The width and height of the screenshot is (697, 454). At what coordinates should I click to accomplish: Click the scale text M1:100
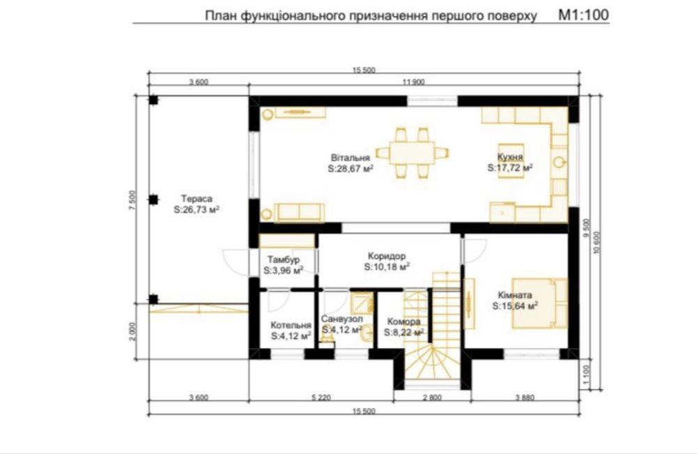pyautogui.click(x=583, y=15)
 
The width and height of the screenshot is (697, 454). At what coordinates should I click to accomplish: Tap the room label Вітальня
pyautogui.click(x=351, y=158)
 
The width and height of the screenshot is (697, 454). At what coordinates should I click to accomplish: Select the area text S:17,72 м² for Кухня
pyautogui.click(x=510, y=168)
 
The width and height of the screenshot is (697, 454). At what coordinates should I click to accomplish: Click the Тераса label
pyautogui.click(x=197, y=199)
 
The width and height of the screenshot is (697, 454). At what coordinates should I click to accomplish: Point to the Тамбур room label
pyautogui.click(x=284, y=259)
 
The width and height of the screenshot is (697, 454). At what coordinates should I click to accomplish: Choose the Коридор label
pyautogui.click(x=387, y=257)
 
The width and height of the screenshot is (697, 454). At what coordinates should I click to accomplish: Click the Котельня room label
pyautogui.click(x=291, y=326)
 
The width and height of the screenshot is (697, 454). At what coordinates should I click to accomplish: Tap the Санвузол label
pyautogui.click(x=342, y=319)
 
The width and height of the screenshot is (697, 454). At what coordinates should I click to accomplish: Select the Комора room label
pyautogui.click(x=404, y=321)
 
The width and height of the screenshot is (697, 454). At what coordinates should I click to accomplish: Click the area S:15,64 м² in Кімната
pyautogui.click(x=515, y=306)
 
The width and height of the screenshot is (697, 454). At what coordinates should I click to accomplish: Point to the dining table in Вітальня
pyautogui.click(x=412, y=153)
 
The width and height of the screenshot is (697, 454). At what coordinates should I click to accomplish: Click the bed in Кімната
pyautogui.click(x=539, y=303)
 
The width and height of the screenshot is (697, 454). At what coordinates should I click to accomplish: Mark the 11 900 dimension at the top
pyautogui.click(x=413, y=82)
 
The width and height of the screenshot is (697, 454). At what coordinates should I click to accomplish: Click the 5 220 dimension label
pyautogui.click(x=321, y=398)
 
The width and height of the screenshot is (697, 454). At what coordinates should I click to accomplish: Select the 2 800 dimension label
pyautogui.click(x=432, y=398)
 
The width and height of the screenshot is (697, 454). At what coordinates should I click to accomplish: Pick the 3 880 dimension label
pyautogui.click(x=525, y=398)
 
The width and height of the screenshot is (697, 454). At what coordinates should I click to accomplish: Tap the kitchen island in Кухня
pyautogui.click(x=510, y=160)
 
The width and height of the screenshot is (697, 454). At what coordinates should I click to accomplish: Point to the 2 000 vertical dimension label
pyautogui.click(x=135, y=331)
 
